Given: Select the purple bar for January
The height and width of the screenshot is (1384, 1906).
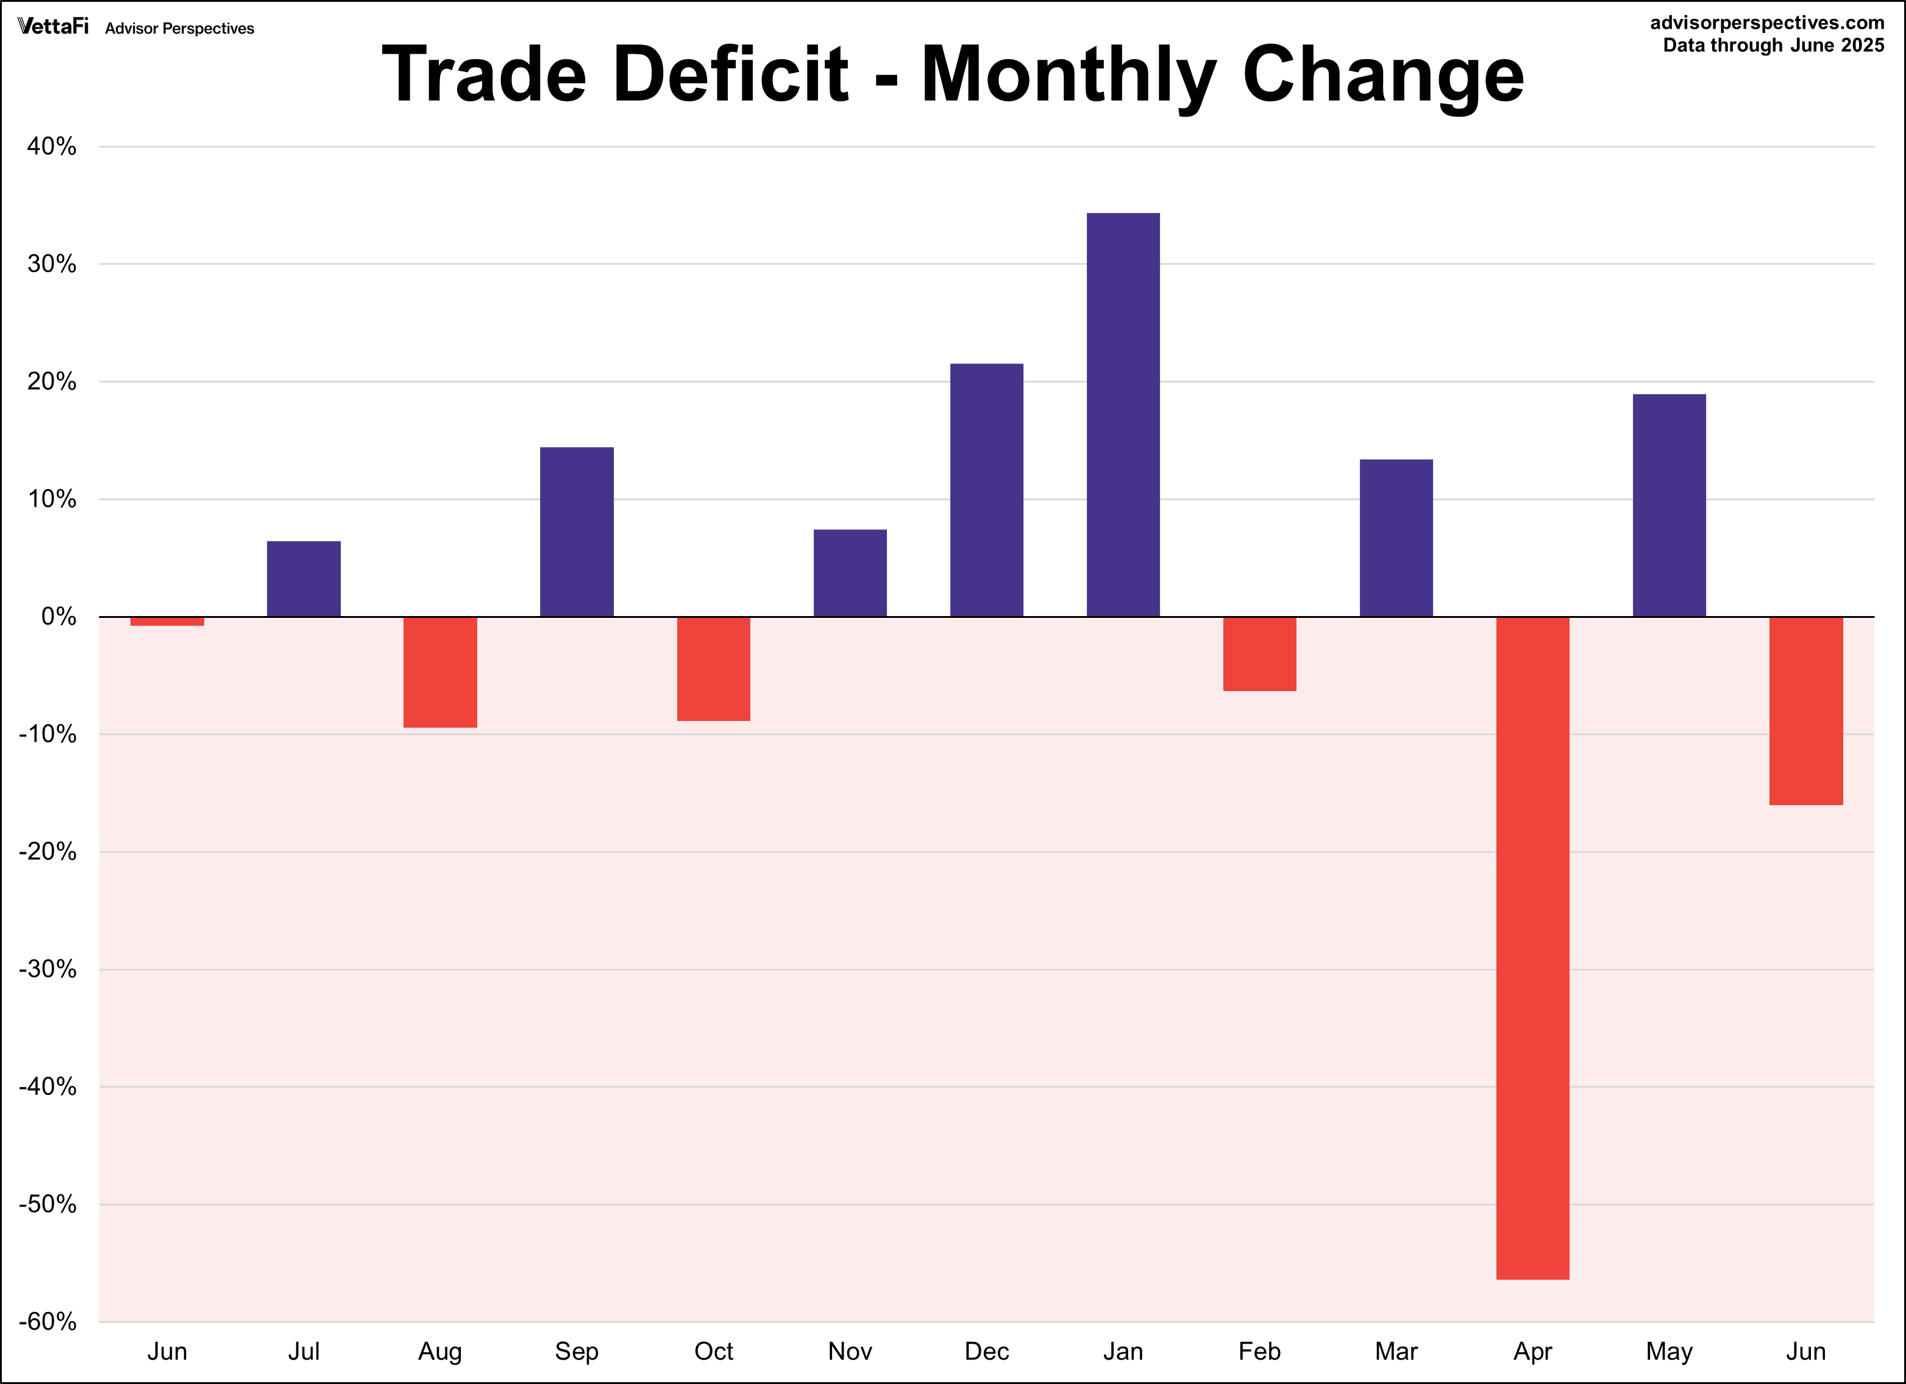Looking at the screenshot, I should pyautogui.click(x=1123, y=415).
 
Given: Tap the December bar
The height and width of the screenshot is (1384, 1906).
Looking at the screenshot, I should pyautogui.click(x=987, y=490).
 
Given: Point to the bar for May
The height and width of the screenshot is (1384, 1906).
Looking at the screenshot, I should pyautogui.click(x=1669, y=505).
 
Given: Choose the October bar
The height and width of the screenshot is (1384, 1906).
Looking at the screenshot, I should pyautogui.click(x=714, y=669).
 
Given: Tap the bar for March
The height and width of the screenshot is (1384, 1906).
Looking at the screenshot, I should pyautogui.click(x=1396, y=538).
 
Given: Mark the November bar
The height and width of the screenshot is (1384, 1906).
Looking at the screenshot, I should pyautogui.click(x=850, y=573).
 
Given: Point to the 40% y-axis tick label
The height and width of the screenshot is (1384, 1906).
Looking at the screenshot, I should pyautogui.click(x=51, y=147).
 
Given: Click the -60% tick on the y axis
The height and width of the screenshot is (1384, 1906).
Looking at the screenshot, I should pyautogui.click(x=48, y=1322).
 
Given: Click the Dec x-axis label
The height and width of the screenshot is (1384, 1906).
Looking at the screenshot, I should pyautogui.click(x=987, y=1352).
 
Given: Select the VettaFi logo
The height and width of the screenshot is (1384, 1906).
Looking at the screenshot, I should pyautogui.click(x=53, y=27).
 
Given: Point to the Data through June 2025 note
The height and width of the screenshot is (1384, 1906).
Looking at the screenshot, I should pyautogui.click(x=1773, y=45).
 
